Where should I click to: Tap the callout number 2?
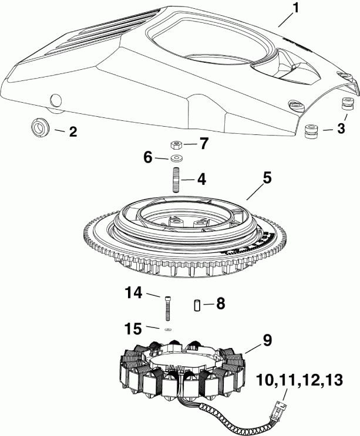click(73, 133)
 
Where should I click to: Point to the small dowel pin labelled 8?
click(198, 305)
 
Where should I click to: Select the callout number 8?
click(220, 304)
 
